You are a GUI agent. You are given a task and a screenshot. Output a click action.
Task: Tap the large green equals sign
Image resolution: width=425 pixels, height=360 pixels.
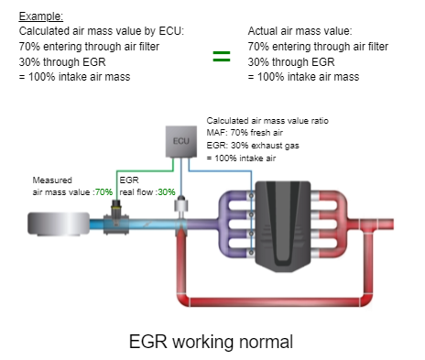tap(221, 57)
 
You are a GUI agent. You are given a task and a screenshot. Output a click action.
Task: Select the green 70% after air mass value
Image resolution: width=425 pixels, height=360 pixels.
tap(103, 191)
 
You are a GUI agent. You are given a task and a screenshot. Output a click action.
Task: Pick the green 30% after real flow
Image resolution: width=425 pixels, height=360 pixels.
tap(165, 191)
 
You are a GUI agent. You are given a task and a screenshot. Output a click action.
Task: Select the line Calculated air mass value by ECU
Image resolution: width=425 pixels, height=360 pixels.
tap(101, 30)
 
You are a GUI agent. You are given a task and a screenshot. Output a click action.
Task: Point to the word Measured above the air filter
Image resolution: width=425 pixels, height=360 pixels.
tap(49, 180)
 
